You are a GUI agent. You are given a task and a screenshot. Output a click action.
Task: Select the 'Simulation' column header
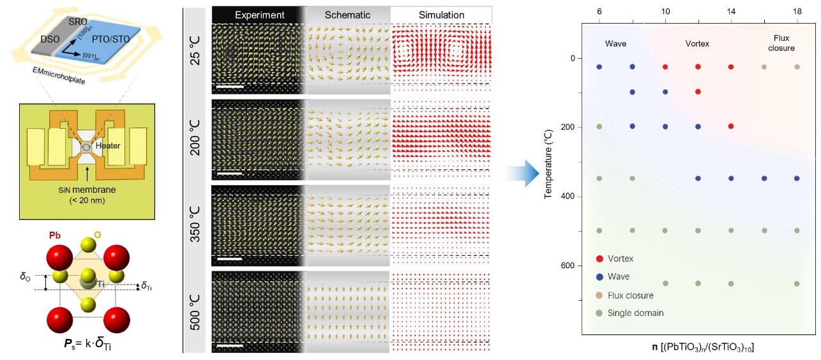441,15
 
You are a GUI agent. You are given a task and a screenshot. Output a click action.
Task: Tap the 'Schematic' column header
347,15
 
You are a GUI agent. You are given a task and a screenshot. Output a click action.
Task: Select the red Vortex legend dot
598,259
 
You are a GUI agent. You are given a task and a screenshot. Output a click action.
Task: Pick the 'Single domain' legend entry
636,313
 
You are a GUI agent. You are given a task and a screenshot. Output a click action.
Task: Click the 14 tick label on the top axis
731,12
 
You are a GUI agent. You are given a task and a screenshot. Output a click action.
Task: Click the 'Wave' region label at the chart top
615,44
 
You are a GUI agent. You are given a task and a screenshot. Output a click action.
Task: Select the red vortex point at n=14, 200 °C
731,126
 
